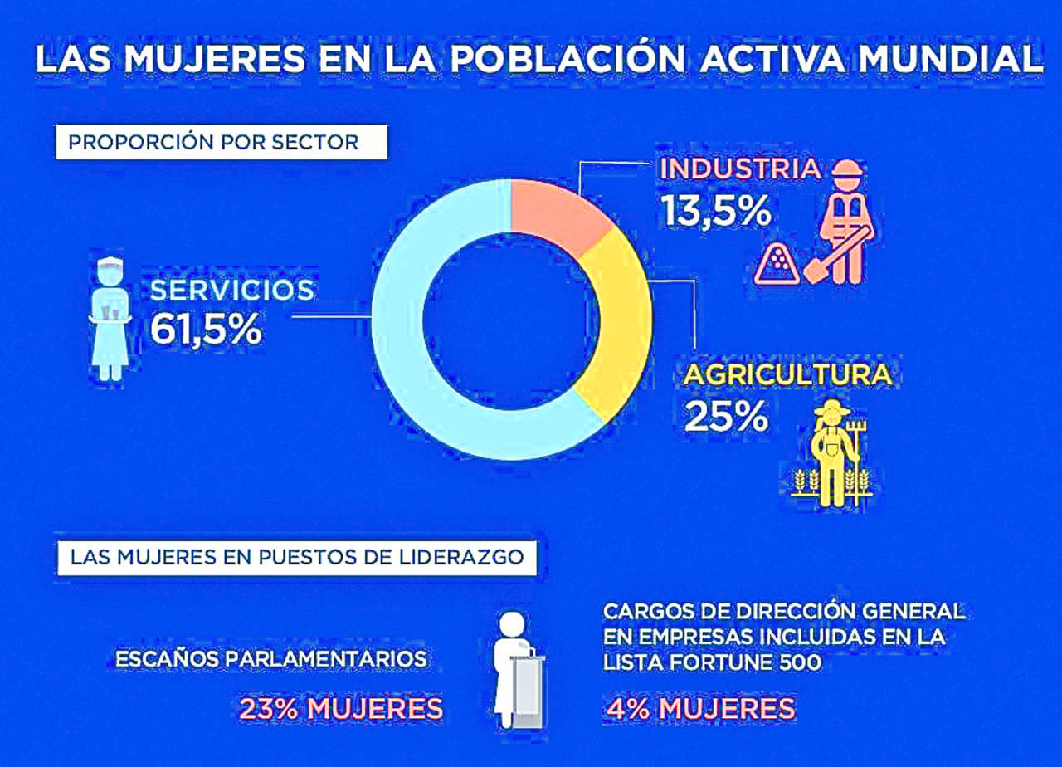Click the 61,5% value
[206, 330]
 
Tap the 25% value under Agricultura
[726, 417]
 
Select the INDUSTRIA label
[740, 169]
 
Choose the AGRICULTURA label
[787, 374]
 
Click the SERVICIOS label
[231, 290]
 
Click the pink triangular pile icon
[777, 265]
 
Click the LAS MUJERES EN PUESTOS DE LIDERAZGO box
[297, 557]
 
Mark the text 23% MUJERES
[341, 709]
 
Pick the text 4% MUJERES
[699, 709]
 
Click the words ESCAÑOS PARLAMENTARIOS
[271, 659]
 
